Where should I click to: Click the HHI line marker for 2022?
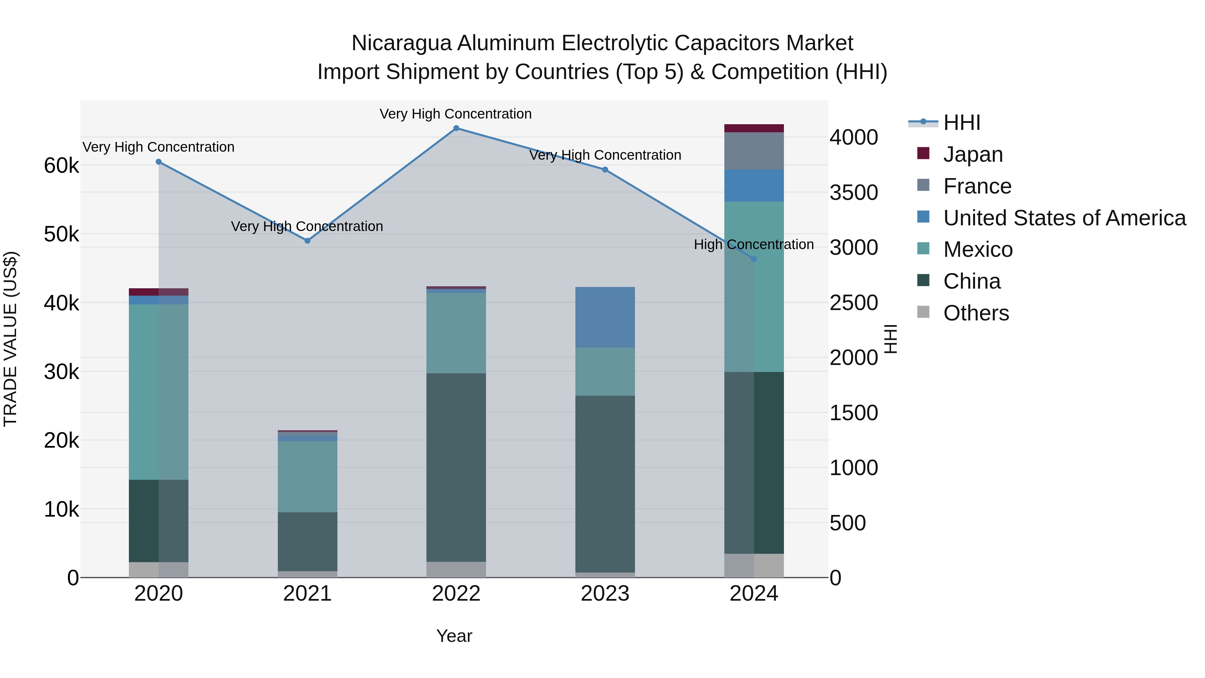456,128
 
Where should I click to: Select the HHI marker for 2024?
753,259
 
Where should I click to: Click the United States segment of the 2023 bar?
605,317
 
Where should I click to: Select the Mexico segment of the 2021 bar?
307,476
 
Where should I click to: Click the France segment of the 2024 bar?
753,151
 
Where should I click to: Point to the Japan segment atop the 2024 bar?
753,128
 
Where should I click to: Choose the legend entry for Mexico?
978,249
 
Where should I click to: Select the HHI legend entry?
961,123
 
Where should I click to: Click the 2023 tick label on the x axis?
605,594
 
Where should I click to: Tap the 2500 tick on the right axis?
854,303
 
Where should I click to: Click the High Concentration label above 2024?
753,244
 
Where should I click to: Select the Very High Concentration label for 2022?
455,114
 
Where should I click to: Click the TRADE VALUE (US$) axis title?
10,339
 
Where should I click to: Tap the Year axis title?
454,636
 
